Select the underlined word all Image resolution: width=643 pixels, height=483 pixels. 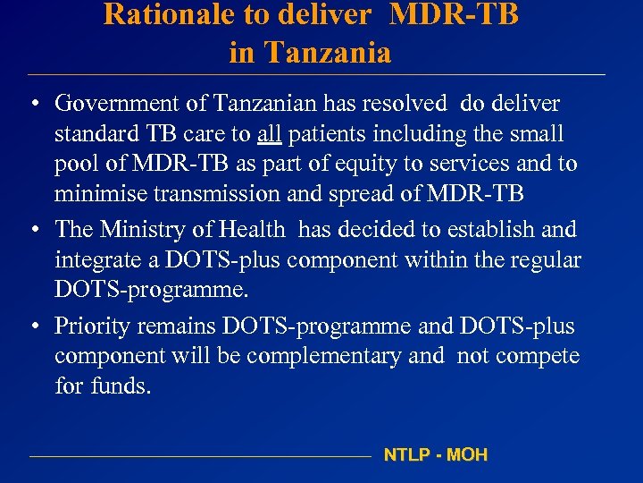[270, 134]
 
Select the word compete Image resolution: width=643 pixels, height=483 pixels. [539, 356]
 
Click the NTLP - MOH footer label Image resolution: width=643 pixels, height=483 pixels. [436, 454]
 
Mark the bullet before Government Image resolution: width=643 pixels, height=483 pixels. [32, 104]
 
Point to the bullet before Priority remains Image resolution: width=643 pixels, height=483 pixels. [32, 326]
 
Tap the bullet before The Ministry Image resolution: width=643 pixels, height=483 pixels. [32, 230]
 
